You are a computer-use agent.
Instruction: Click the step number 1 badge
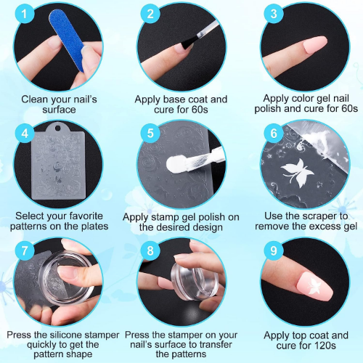24,14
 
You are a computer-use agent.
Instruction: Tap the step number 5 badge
150,133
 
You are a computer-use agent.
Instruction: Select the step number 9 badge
274,250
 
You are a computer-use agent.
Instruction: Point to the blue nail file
66,41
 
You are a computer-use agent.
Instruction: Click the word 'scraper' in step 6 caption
314,216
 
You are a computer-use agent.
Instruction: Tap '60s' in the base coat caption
200,110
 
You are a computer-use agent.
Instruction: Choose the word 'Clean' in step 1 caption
33,99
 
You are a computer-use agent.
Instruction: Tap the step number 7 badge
24,250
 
